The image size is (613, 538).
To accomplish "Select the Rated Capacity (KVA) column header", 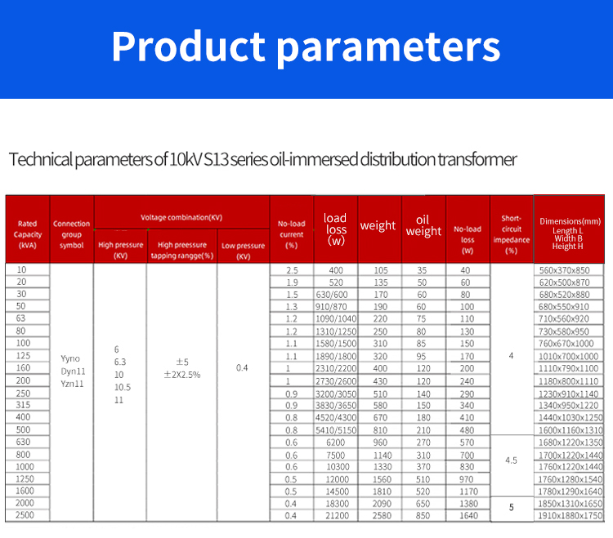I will pos(28,229).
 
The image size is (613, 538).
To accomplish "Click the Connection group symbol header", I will pos(72,229).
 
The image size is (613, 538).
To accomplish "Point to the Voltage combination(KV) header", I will pos(181,218).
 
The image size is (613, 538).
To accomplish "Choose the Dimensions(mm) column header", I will pos(570,229).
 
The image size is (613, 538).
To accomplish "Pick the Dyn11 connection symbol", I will pos(72,371).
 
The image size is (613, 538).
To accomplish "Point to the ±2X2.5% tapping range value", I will pos(182,375).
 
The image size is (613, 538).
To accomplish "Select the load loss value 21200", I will pos(335,516).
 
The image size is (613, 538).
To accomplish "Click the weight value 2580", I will pos(379,516).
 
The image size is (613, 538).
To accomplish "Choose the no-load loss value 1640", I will pos(467,516).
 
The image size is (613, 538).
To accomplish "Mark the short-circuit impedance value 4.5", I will pos(512,460).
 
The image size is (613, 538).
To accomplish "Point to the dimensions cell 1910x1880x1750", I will pos(570,516).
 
